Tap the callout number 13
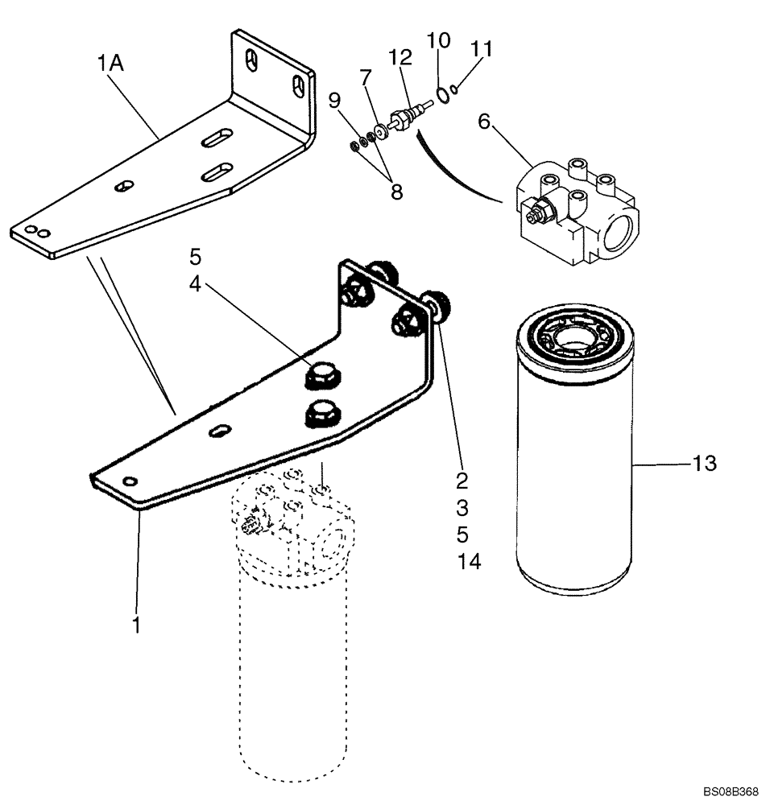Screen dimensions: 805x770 704,464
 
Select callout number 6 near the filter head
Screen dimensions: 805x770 484,122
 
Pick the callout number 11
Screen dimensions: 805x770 481,49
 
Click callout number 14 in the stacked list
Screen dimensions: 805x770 469,561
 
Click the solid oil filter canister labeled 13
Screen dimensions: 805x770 574,467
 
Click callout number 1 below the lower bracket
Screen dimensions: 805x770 136,623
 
